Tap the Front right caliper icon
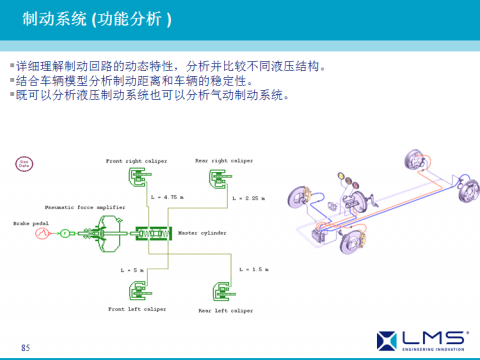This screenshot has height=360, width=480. coord(136,178)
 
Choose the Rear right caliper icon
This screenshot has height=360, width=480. coord(216,178)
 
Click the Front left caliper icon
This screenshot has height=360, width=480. coord(136,292)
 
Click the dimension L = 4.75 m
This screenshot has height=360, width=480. coord(165,198)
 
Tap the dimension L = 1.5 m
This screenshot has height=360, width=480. coord(254,269)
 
